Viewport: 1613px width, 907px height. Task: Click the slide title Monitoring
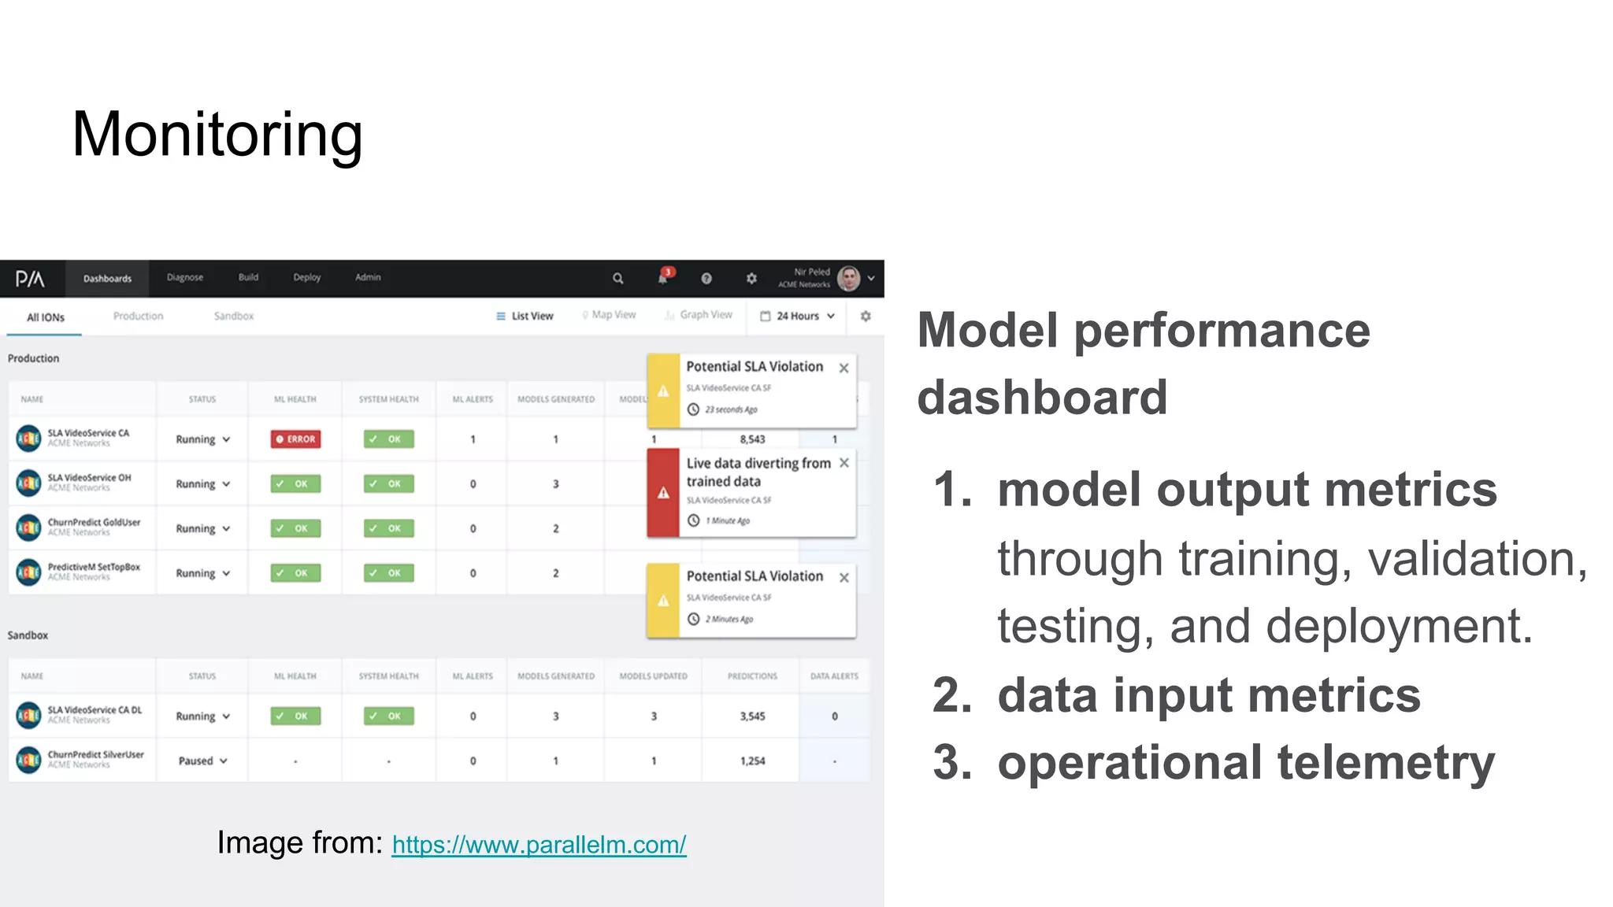(x=217, y=135)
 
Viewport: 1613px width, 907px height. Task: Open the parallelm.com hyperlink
(x=539, y=845)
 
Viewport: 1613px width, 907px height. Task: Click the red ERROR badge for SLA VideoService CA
(x=295, y=439)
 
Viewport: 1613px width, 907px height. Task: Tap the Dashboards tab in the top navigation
(x=107, y=279)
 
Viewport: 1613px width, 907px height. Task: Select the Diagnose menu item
(x=185, y=277)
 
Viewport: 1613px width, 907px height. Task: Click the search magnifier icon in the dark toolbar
(x=618, y=278)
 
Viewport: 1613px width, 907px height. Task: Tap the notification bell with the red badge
(x=663, y=277)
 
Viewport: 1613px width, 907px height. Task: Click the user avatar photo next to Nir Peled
(x=848, y=278)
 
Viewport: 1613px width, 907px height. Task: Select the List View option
(x=525, y=316)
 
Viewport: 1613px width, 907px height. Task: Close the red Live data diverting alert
(x=844, y=463)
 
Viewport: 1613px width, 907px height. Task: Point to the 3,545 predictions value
(x=752, y=716)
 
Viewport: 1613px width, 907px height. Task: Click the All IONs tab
(x=46, y=317)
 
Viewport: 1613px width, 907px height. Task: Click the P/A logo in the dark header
(x=30, y=279)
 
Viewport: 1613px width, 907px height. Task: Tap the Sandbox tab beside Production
(x=234, y=316)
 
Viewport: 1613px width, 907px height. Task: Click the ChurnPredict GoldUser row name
(x=94, y=522)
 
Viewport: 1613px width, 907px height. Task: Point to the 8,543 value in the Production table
(x=752, y=439)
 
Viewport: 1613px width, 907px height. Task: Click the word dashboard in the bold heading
(x=1042, y=397)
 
